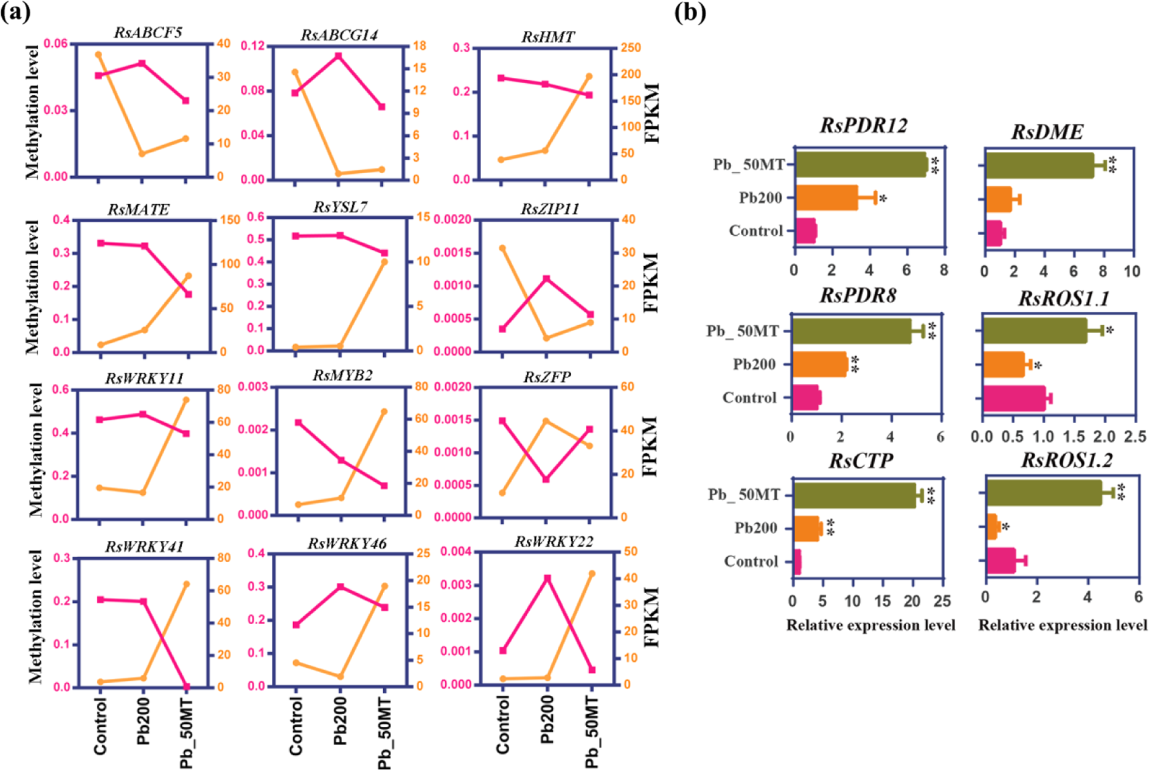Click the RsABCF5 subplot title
(148, 32)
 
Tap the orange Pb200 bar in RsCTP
(807, 528)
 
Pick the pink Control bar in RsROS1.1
(1014, 399)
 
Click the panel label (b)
(690, 12)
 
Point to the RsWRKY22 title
(554, 541)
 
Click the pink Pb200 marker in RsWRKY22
(547, 579)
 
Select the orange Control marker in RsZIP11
(502, 248)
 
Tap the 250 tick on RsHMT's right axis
(631, 47)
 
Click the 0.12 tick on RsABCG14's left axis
(253, 46)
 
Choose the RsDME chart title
(1047, 132)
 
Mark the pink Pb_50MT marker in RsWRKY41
(187, 687)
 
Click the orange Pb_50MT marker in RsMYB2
(384, 411)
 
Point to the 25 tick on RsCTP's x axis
(942, 601)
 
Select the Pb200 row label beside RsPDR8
(754, 365)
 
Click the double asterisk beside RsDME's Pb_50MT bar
(1113, 165)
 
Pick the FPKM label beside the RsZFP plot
(650, 446)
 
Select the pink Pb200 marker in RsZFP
(546, 480)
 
